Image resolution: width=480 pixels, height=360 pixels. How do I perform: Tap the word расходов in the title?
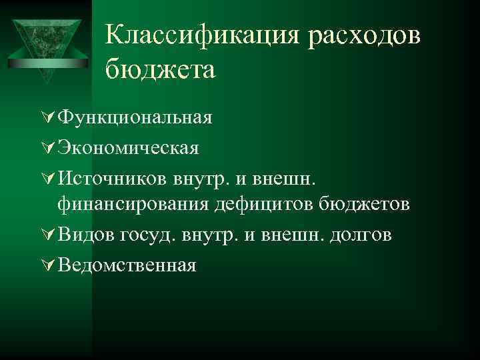(x=365, y=36)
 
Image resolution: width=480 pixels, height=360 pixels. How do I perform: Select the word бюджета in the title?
(x=160, y=69)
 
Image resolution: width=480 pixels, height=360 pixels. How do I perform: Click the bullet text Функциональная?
(x=135, y=118)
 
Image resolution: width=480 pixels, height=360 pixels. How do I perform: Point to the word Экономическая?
(x=128, y=147)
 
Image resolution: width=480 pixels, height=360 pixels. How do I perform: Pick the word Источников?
(x=113, y=177)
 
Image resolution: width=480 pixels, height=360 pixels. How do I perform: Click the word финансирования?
(x=133, y=204)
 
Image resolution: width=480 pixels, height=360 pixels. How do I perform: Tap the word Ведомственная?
(x=127, y=265)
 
